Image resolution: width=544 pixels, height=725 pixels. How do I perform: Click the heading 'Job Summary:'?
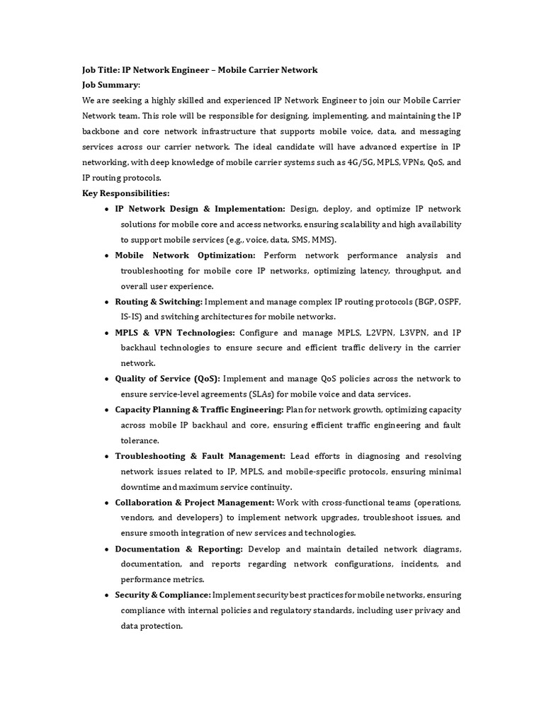[111, 84]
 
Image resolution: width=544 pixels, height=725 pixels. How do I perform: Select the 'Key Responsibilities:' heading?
[125, 193]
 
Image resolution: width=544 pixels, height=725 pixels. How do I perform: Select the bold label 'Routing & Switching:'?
[158, 302]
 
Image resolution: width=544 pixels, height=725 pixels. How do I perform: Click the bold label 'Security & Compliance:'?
[163, 595]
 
